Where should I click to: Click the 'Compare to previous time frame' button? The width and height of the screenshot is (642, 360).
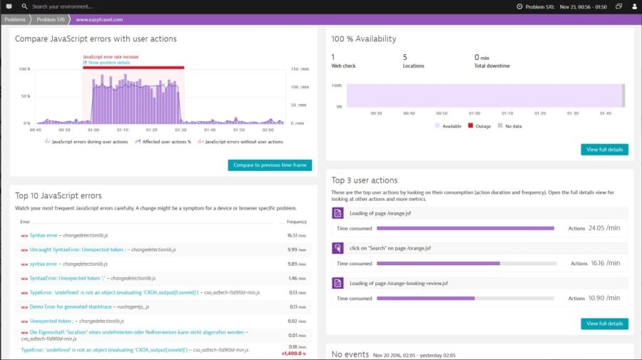[x=270, y=165]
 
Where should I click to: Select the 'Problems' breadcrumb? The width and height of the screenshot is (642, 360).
[x=15, y=19]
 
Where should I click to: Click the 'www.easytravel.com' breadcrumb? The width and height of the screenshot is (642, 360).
[x=99, y=19]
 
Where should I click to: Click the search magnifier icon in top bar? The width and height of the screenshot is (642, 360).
[x=24, y=6]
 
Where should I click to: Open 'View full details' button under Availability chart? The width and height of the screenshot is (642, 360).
[x=604, y=150]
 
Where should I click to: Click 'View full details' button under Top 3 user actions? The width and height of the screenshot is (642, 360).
[x=604, y=324]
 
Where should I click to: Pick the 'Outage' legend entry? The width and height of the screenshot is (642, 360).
[x=479, y=125]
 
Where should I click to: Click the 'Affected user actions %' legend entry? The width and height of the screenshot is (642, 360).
[x=165, y=142]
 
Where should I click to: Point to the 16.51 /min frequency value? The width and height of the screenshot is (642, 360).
[x=297, y=235]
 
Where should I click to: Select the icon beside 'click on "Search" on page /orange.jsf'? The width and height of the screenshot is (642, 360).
[x=338, y=248]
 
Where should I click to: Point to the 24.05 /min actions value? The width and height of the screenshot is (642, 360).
[x=603, y=228]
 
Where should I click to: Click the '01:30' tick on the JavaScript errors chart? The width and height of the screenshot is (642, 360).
[x=180, y=130]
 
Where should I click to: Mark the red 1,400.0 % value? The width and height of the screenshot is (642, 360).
[x=293, y=354]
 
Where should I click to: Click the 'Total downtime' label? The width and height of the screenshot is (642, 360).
[x=491, y=66]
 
